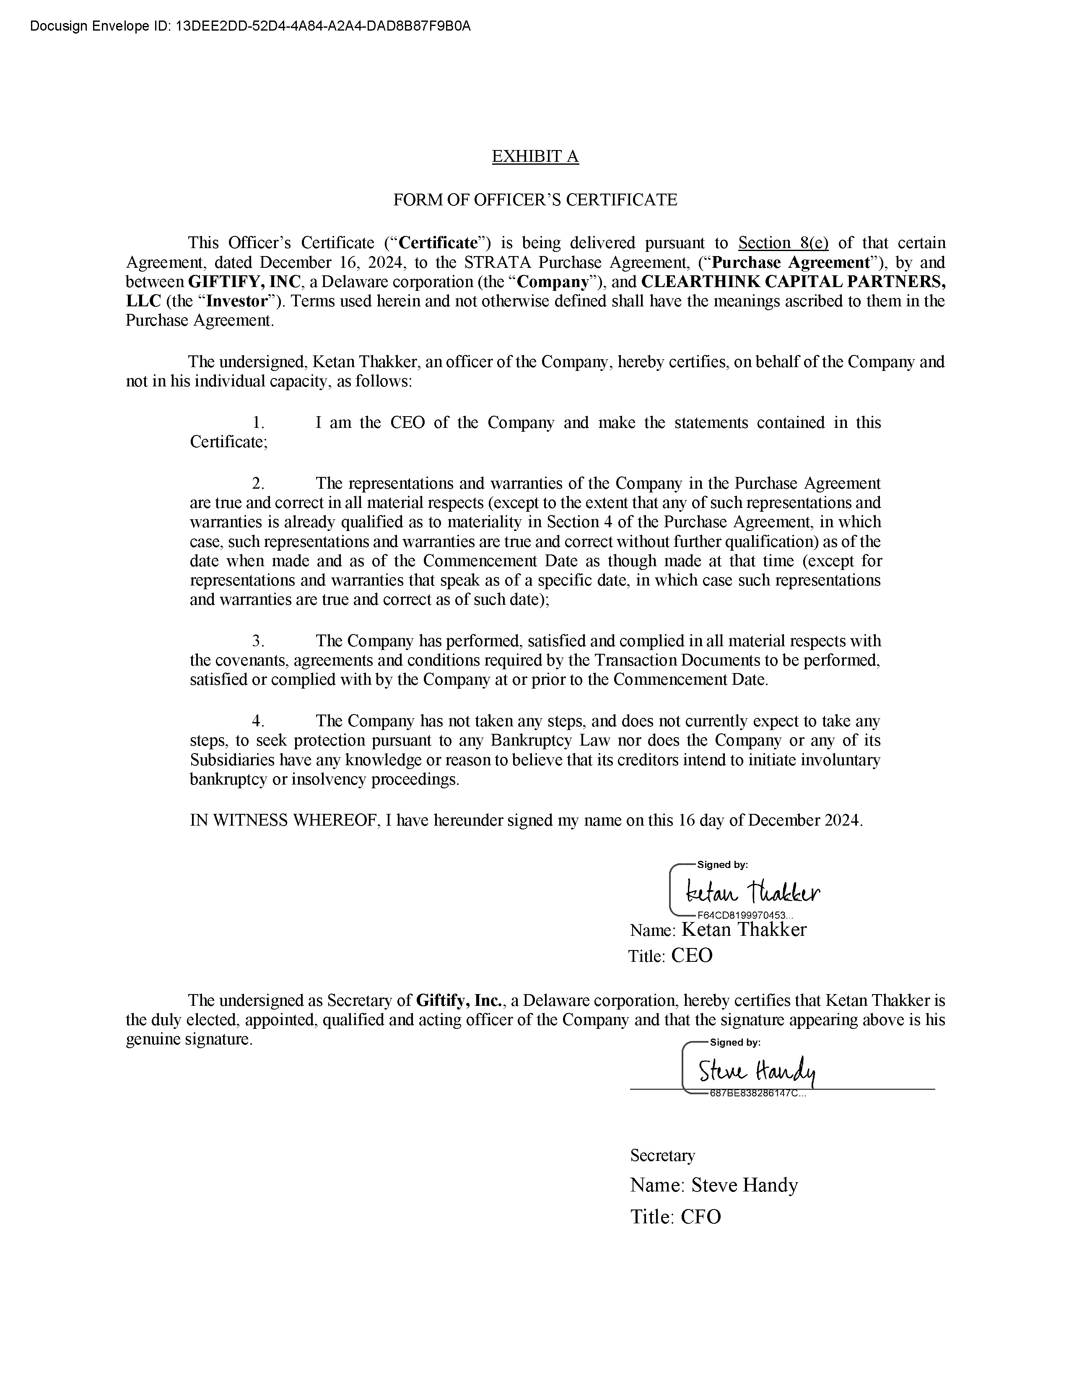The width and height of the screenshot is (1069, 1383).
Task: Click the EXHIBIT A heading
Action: pyautogui.click(x=535, y=156)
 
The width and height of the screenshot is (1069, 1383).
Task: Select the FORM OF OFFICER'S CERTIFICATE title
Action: pyautogui.click(x=535, y=200)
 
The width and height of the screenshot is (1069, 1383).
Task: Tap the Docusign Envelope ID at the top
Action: pyautogui.click(x=250, y=26)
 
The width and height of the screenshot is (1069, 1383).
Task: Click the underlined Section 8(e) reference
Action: pyautogui.click(x=784, y=243)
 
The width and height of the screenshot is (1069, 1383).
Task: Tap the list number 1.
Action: pyautogui.click(x=258, y=423)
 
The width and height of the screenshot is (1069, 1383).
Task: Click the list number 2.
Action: pyautogui.click(x=258, y=484)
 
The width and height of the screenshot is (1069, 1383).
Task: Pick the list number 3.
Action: pyautogui.click(x=258, y=641)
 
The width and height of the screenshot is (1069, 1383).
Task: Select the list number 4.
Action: pyautogui.click(x=258, y=721)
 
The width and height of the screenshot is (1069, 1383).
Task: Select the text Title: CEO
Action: pyautogui.click(x=670, y=956)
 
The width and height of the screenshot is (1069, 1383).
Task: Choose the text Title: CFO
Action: pyautogui.click(x=675, y=1217)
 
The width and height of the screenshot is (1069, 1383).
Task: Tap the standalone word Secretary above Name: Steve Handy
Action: pyautogui.click(x=662, y=1156)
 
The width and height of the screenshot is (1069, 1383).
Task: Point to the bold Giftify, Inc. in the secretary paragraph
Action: pyautogui.click(x=460, y=1000)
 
